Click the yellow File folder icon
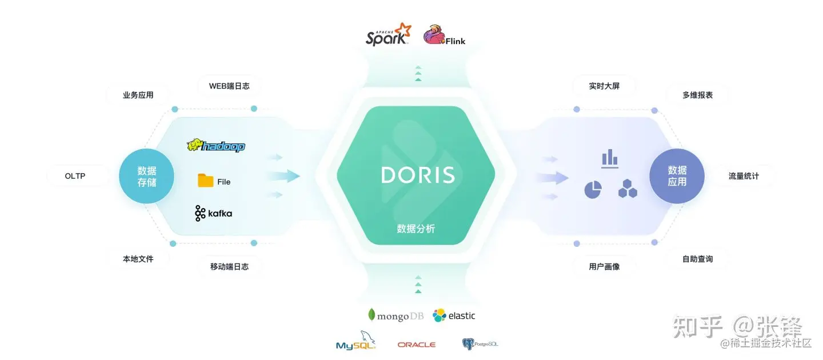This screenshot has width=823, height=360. [206, 181]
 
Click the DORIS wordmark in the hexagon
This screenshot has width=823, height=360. [418, 175]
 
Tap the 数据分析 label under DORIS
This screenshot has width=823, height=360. [416, 229]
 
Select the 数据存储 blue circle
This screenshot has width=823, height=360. [146, 176]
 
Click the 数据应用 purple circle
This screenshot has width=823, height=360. [677, 176]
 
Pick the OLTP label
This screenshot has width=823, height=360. [75, 176]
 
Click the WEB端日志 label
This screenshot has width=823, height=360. [229, 86]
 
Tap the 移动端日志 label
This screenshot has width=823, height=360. [229, 266]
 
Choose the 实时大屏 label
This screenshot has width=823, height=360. [604, 86]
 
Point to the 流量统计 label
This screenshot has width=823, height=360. [744, 176]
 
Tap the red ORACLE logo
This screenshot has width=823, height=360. [417, 345]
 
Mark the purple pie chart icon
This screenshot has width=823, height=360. [593, 190]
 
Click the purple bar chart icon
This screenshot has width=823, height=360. [610, 158]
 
